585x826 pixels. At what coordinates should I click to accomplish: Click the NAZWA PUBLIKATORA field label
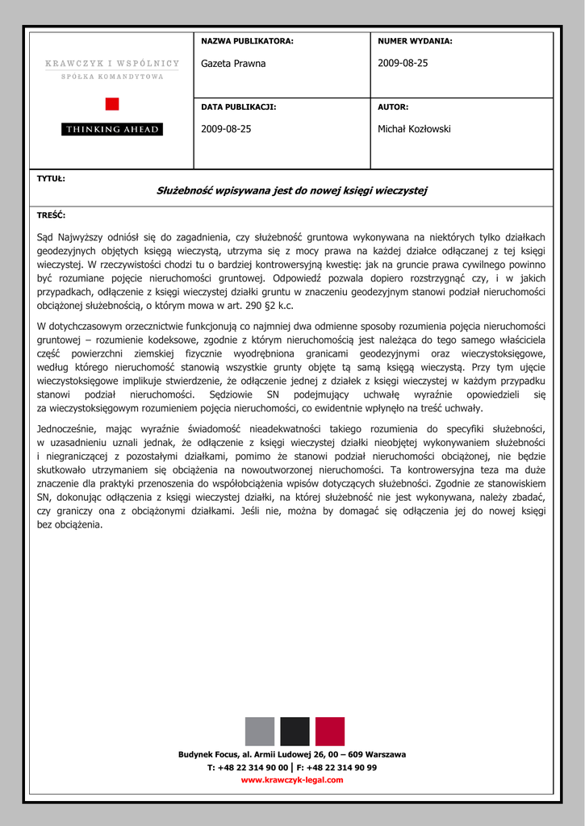coord(247,41)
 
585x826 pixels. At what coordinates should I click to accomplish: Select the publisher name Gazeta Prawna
coord(233,64)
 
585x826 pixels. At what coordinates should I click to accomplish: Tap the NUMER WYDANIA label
coord(415,41)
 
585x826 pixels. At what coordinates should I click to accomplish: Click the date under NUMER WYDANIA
coord(403,64)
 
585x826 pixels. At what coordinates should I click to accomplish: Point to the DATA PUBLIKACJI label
coord(239,106)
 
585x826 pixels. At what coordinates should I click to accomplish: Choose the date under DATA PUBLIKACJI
coord(226,129)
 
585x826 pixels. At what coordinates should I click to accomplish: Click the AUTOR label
coord(393,106)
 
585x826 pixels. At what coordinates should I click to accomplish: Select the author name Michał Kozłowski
coord(414,129)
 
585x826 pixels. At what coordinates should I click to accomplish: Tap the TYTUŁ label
coord(52,178)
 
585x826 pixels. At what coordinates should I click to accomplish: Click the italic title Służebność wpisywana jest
coord(291,190)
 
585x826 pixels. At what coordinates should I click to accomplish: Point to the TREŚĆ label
coord(52,215)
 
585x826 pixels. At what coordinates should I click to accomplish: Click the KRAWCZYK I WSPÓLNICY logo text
coord(112,63)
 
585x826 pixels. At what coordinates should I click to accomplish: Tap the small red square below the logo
coord(112,103)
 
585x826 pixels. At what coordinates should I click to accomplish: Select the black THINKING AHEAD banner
coord(112,129)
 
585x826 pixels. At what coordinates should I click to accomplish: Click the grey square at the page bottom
coord(260,731)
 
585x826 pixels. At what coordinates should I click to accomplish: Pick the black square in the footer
coord(295,731)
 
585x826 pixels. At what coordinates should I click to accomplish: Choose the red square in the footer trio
coord(330,731)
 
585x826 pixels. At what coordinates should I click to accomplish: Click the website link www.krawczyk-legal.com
coord(292,780)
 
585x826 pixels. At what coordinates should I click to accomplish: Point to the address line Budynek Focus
coord(292,754)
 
